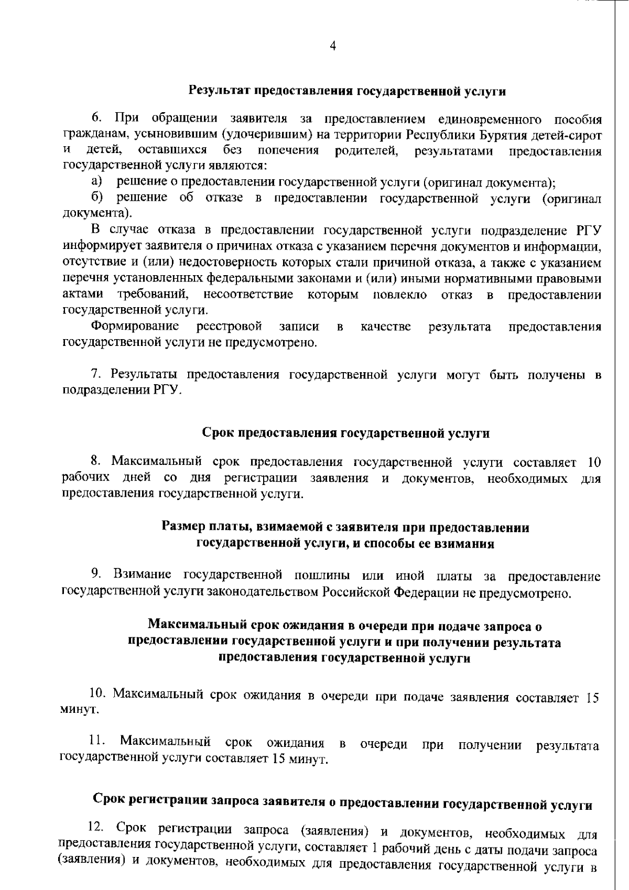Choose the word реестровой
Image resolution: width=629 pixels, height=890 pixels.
(229, 327)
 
